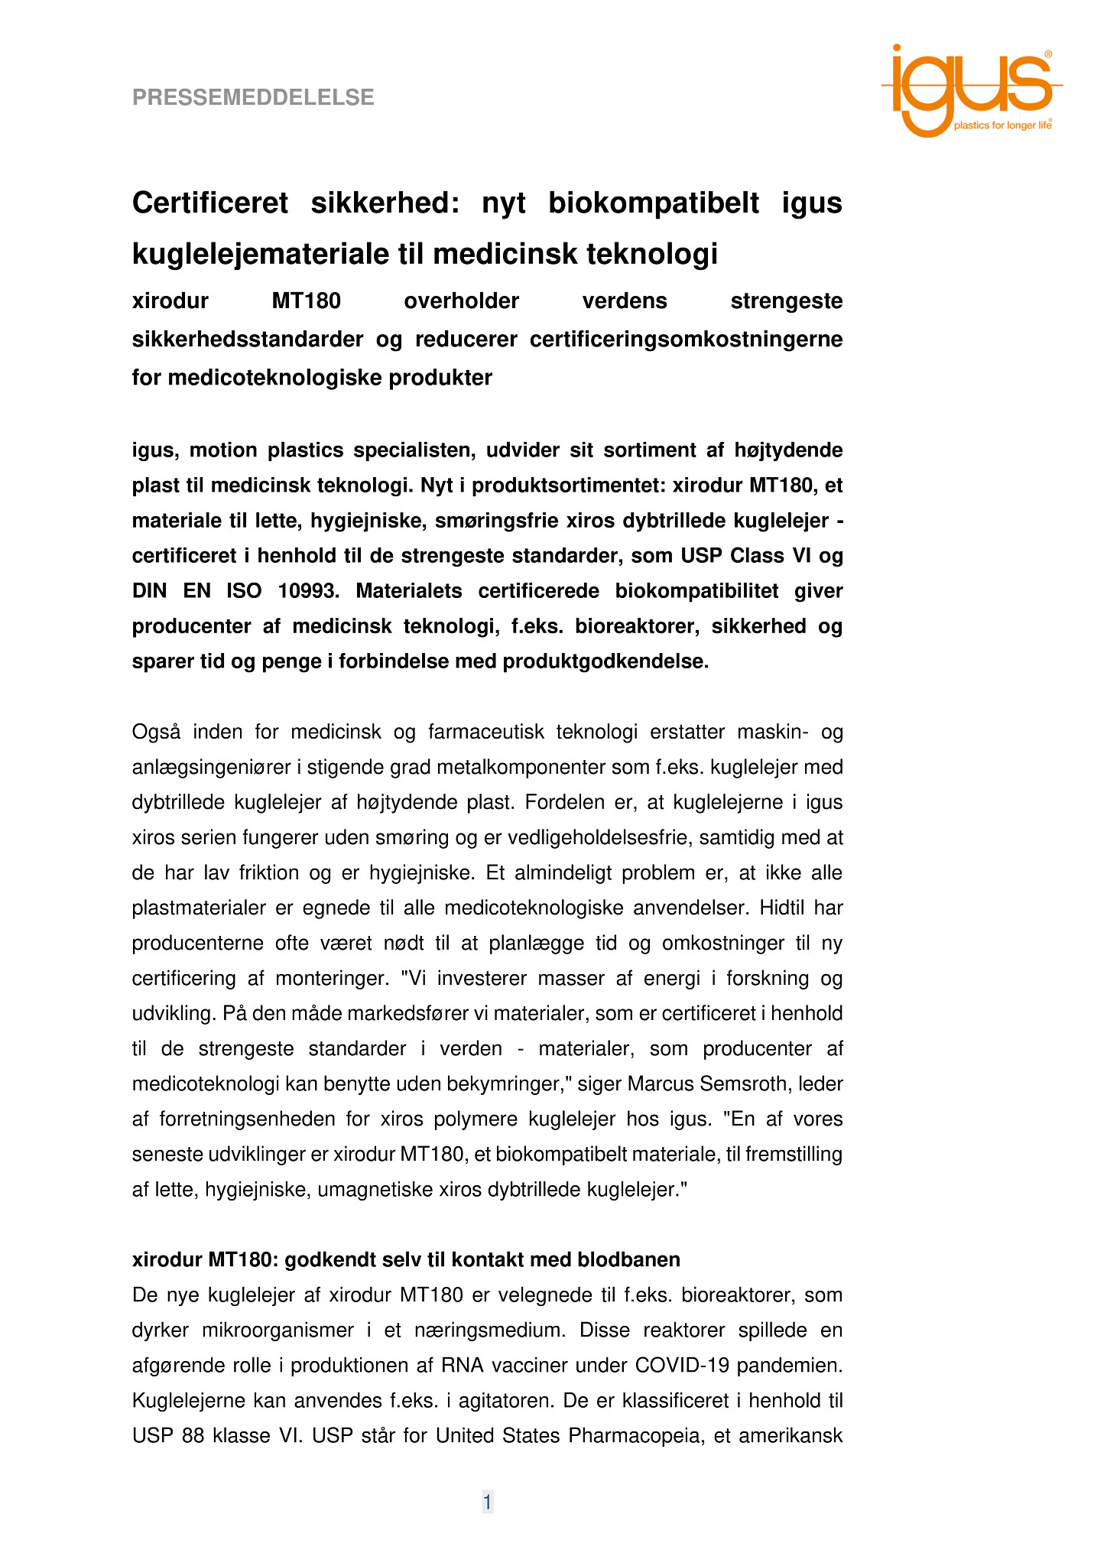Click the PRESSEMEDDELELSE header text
point(253,98)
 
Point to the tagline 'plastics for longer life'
point(1001,125)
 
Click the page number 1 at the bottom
point(487,1502)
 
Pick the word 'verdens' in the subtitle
point(625,301)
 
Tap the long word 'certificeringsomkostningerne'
point(686,340)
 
